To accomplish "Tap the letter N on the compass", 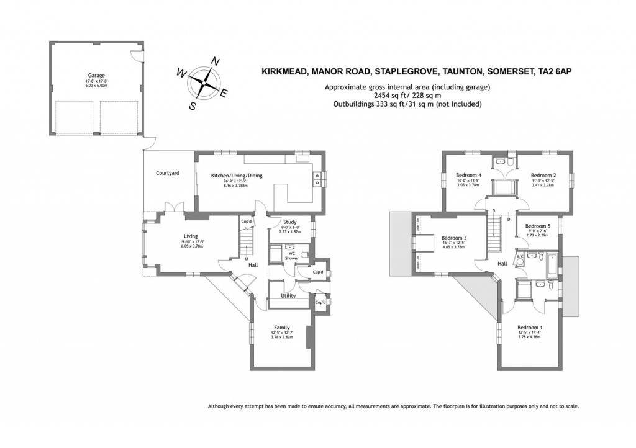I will click(x=215, y=61).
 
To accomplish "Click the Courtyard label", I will click(x=168, y=173).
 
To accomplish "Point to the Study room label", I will click(x=289, y=222).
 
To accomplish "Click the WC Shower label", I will click(x=291, y=255).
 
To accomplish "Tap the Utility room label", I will click(x=288, y=296).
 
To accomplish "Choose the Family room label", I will click(x=282, y=328).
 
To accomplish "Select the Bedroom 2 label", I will click(x=543, y=175).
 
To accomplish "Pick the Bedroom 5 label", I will click(x=538, y=226).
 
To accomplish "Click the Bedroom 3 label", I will click(x=454, y=238).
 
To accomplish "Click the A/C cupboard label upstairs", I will click(x=520, y=256).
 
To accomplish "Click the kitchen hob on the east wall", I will click(x=317, y=179).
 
